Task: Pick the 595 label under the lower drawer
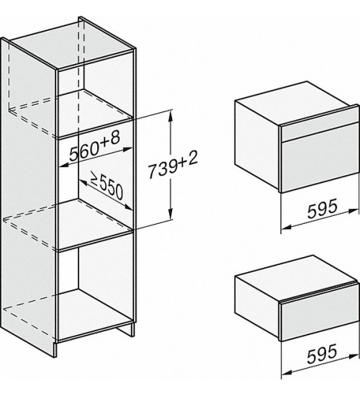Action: pos(322,353)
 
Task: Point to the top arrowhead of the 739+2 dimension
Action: pos(171,116)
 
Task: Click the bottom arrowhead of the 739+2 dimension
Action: pos(171,213)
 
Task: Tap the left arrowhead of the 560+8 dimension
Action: pos(65,166)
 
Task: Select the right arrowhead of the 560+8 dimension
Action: pos(127,150)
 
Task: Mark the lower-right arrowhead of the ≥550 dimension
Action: pos(127,207)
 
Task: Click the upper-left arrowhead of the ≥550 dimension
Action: pos(84,183)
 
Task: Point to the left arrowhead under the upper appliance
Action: pos(287,228)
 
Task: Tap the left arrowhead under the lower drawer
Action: pos(287,373)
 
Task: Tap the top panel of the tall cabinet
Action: pos(73,45)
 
